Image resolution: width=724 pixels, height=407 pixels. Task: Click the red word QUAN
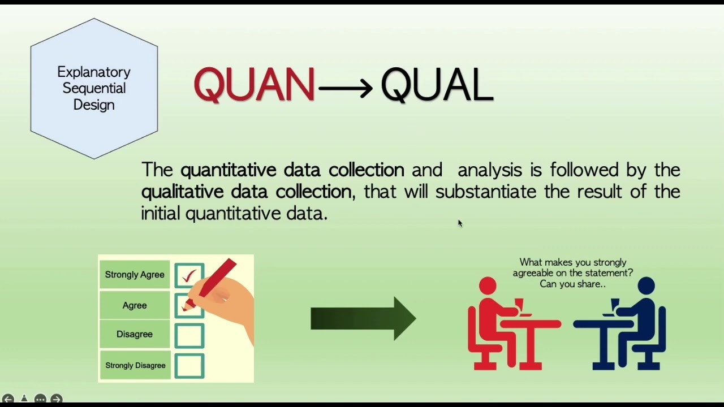254,85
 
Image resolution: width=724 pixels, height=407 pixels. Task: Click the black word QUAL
437,85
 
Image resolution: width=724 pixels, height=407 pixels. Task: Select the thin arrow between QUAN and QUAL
345,88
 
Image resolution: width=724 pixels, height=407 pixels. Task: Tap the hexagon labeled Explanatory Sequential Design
94,89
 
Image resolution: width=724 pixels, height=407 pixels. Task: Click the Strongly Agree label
135,275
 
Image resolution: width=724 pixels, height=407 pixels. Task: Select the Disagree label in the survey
135,334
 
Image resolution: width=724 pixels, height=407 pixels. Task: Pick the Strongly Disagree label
135,365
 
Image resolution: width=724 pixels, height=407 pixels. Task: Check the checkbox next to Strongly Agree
189,275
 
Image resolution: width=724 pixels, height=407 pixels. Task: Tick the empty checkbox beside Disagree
189,335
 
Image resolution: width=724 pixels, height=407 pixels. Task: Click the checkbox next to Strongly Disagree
189,366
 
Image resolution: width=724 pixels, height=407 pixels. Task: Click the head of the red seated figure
488,286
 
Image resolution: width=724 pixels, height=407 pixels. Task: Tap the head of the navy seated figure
646,286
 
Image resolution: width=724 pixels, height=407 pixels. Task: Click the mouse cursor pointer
460,224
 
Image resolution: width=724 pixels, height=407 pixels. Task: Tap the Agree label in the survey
135,305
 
